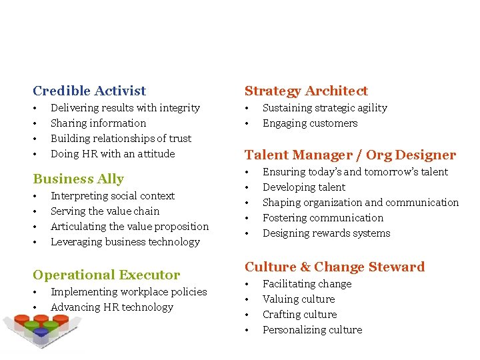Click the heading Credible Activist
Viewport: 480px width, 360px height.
[x=89, y=91]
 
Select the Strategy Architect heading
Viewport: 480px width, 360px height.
[x=306, y=91]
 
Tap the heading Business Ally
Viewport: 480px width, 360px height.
[x=78, y=179]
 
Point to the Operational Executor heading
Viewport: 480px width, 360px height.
[x=106, y=275]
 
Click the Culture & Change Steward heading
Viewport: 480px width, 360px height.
[x=334, y=267]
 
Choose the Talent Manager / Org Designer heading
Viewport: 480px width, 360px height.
[x=350, y=155]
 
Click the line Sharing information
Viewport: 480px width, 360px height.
[x=98, y=123]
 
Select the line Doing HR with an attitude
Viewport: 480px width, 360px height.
[x=113, y=154]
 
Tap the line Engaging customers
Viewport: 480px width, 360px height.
[x=310, y=123]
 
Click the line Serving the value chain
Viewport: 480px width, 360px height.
[x=105, y=211]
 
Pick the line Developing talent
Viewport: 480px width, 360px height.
[x=304, y=187]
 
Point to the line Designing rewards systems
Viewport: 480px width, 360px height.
[x=326, y=233]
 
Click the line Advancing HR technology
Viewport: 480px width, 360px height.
[x=112, y=307]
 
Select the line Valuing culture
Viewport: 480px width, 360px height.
[x=299, y=299]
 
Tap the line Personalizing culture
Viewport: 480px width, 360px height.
[x=312, y=330]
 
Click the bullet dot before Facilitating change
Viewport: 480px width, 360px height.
[x=247, y=285]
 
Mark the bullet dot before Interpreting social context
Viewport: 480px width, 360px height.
[x=35, y=197]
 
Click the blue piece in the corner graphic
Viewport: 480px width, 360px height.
[x=41, y=332]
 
